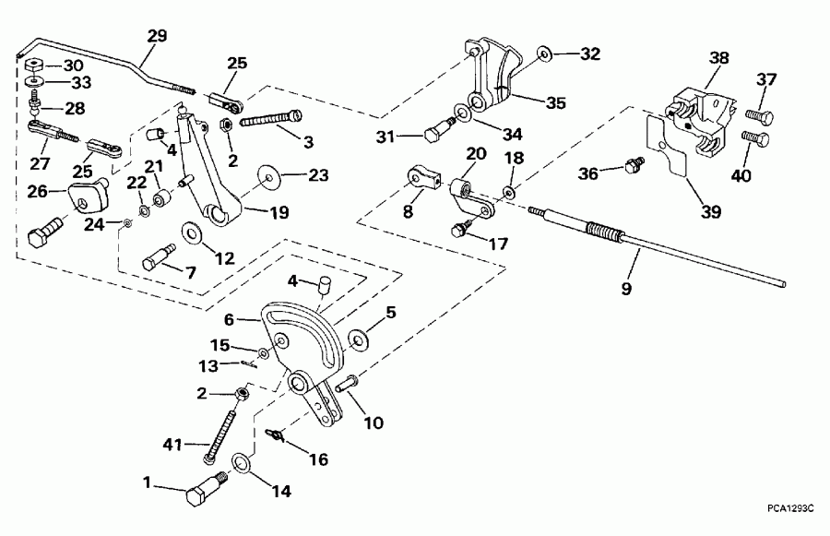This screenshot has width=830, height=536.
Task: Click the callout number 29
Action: [158, 37]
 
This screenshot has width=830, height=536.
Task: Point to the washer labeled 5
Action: [359, 339]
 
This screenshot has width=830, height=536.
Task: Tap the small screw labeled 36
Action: [634, 165]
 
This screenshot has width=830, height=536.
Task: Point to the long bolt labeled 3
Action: [270, 119]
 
